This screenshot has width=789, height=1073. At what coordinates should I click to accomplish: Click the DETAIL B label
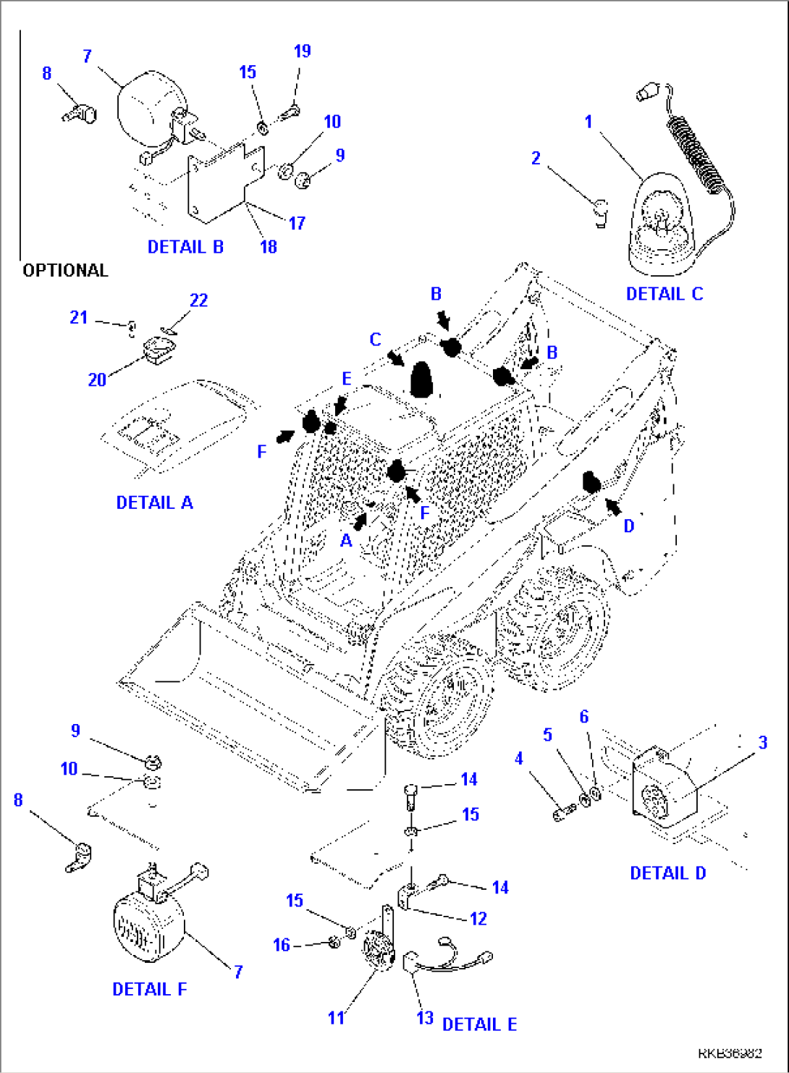(x=185, y=247)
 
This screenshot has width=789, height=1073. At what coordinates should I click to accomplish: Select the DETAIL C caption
(x=664, y=294)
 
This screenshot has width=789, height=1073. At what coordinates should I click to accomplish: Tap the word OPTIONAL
(x=65, y=271)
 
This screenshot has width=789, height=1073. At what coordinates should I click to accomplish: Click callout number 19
(x=302, y=51)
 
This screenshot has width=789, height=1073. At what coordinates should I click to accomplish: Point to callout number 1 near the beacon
(x=588, y=122)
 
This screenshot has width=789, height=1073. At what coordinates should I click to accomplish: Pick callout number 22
(x=198, y=300)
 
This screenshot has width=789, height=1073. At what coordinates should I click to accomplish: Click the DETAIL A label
(x=154, y=502)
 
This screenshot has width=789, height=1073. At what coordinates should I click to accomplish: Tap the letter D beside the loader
(x=628, y=526)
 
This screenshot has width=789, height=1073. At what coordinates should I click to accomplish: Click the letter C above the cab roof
(x=375, y=340)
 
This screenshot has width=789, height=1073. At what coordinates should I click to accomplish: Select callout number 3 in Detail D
(x=762, y=743)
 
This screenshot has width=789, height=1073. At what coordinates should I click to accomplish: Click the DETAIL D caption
(x=667, y=873)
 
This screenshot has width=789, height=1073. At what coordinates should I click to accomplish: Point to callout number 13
(x=424, y=1018)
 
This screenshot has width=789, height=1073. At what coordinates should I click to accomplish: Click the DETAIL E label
(x=479, y=1024)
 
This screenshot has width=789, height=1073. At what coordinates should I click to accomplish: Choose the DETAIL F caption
(x=149, y=989)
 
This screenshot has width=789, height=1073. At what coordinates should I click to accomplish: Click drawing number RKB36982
(x=730, y=1053)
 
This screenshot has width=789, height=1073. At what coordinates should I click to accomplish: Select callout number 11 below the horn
(x=336, y=1018)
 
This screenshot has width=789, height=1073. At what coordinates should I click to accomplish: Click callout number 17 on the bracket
(x=297, y=224)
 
